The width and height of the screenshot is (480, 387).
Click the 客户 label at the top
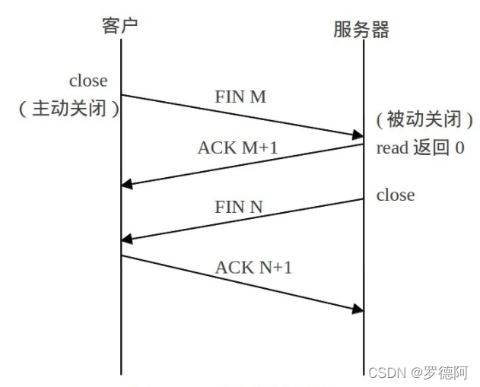click(120, 26)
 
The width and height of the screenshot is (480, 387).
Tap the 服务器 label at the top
click(361, 29)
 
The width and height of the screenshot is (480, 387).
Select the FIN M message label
click(241, 98)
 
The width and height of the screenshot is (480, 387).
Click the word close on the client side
click(88, 80)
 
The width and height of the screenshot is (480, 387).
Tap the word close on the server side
click(396, 195)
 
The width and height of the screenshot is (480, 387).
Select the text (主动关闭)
click(69, 108)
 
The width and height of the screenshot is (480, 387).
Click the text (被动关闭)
click(424, 119)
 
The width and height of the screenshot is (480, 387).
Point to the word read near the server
click(393, 148)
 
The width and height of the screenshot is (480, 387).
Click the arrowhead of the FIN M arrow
click(358, 136)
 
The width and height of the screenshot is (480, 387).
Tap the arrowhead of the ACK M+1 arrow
click(127, 185)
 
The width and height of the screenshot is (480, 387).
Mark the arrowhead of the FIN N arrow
click(127, 240)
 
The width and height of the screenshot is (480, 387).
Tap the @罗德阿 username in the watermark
click(440, 373)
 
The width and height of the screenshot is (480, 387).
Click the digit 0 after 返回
click(459, 148)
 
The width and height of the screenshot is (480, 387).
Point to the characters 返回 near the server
click(432, 148)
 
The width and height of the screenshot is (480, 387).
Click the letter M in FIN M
click(257, 98)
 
